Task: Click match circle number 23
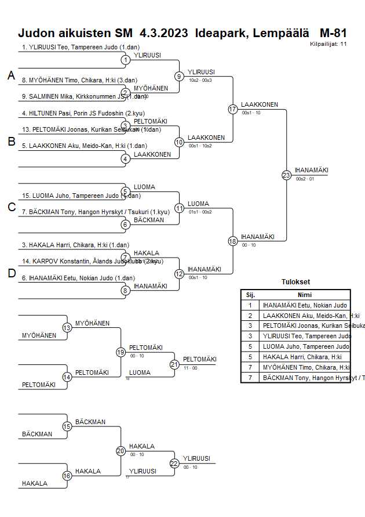tap(286, 175)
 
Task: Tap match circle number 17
tap(233, 109)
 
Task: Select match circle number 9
tap(180, 76)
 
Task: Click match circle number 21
tap(174, 364)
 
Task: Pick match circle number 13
tap(67, 328)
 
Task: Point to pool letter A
tap(11, 75)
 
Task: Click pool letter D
tap(11, 273)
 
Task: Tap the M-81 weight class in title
tap(333, 33)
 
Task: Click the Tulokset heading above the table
tap(295, 283)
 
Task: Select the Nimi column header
tap(305, 295)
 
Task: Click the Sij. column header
tap(250, 295)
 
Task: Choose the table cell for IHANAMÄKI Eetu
tap(305, 305)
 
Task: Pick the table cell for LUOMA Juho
tap(305, 346)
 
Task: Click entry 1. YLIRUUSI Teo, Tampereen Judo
tap(76, 47)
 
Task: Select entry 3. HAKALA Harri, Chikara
tap(75, 245)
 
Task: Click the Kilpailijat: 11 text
tap(328, 44)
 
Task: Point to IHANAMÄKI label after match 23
tap(311, 170)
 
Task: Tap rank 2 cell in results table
tap(250, 316)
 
